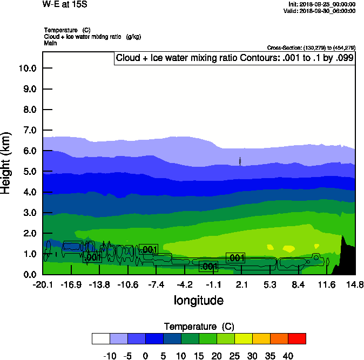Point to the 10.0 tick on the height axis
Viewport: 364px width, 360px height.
27,69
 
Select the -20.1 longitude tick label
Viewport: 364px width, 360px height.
43,284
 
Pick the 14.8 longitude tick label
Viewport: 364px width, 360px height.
355,284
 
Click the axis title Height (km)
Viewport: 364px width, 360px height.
6,162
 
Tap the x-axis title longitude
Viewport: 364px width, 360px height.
198,300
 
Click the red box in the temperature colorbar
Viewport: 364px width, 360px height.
296,338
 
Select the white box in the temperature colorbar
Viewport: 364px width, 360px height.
101,338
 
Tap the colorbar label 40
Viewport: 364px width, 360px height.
288,356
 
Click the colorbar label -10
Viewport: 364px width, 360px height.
110,356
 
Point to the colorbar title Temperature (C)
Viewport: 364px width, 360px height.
198,327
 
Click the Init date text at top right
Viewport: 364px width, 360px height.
322,4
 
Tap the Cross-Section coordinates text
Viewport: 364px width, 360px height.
311,48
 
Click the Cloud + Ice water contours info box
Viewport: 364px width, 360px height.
234,58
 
